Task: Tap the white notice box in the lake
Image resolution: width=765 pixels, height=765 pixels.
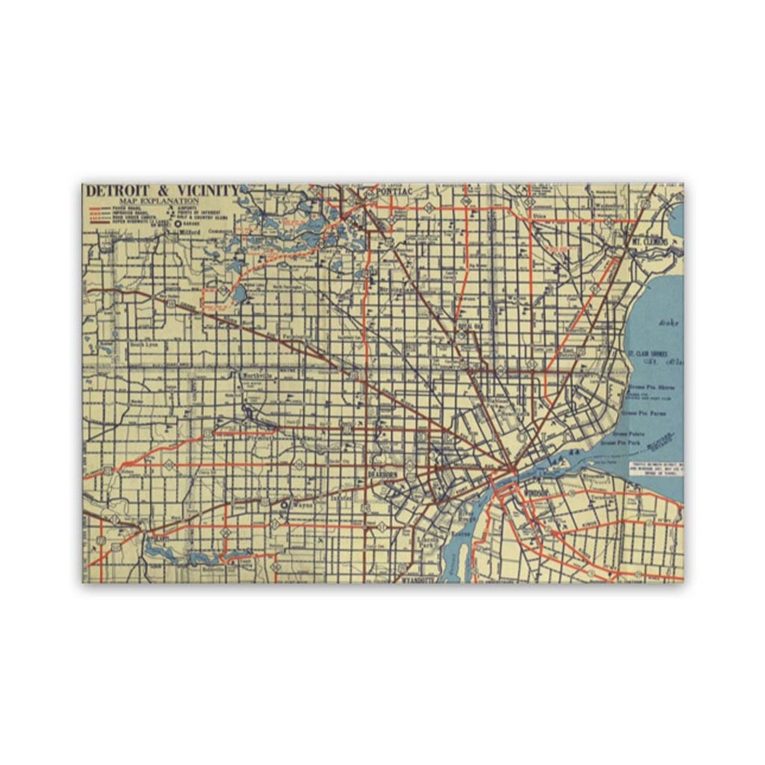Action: pyautogui.click(x=656, y=470)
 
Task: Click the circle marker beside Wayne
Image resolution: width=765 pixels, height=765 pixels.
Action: pyautogui.click(x=285, y=505)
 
